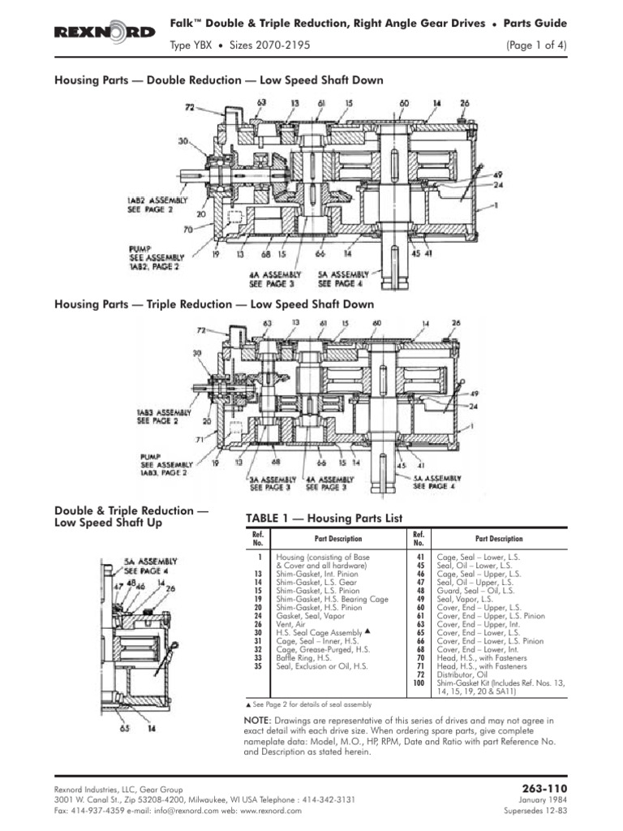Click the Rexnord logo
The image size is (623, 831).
click(x=105, y=32)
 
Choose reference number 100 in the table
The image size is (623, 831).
click(x=419, y=683)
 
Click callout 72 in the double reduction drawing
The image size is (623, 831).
click(x=189, y=107)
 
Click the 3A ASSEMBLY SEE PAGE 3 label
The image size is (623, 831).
click(x=269, y=483)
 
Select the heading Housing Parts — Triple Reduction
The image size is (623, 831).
click(x=214, y=304)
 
